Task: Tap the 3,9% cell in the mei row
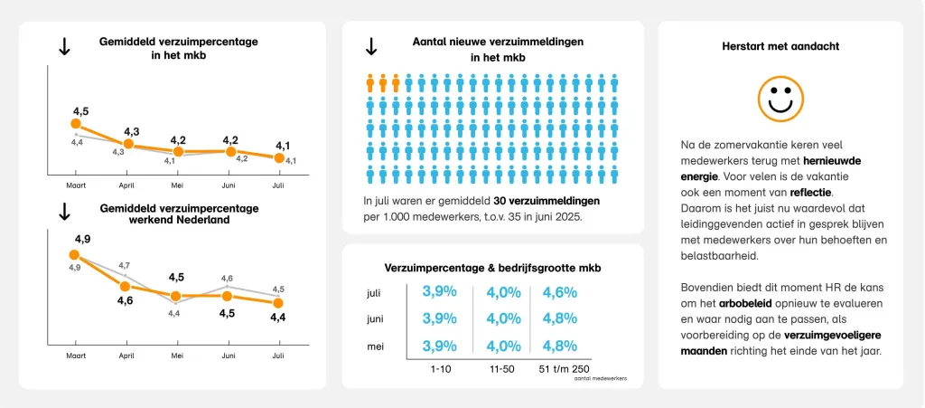click(x=439, y=346)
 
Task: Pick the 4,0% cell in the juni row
click(x=504, y=318)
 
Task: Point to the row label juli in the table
click(x=375, y=292)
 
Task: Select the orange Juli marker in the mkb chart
click(x=278, y=158)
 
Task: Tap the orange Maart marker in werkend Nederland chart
click(x=74, y=255)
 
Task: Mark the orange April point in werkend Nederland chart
click(x=126, y=287)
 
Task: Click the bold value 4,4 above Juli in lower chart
click(x=278, y=318)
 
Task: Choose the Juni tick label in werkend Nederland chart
click(x=229, y=356)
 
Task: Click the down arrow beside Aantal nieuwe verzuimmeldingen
click(x=370, y=46)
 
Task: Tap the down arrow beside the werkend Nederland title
click(x=64, y=213)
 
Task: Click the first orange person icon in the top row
click(x=370, y=83)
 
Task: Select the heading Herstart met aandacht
click(x=779, y=46)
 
